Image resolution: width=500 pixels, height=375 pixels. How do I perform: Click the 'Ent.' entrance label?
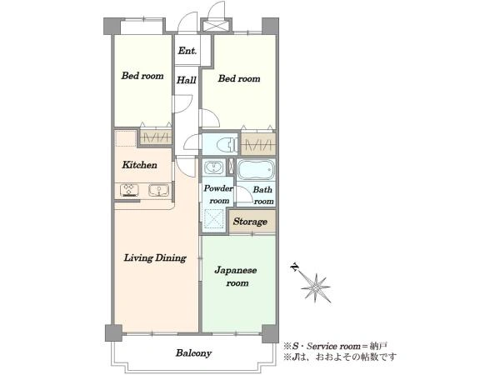[187, 51]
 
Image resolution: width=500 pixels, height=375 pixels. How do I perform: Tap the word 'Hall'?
[187, 80]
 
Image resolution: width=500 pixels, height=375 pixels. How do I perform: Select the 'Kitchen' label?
[140, 165]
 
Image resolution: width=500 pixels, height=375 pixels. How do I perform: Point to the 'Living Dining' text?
[155, 257]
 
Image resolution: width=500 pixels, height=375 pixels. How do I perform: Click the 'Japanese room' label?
[236, 277]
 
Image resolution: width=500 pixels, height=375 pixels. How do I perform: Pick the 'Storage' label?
[250, 222]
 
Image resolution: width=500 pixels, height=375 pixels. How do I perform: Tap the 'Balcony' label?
[193, 353]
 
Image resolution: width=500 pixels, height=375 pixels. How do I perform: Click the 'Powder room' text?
[218, 194]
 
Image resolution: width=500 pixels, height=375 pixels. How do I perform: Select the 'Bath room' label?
[263, 195]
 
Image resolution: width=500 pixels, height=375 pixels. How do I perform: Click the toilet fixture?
[227, 145]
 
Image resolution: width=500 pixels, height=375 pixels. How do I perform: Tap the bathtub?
[257, 170]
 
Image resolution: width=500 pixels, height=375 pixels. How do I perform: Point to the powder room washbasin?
[213, 167]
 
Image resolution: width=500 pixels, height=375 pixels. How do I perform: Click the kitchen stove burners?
[129, 190]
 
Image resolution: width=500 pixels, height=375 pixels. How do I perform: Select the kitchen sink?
[159, 190]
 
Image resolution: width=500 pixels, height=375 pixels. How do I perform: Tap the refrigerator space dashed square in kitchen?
[126, 138]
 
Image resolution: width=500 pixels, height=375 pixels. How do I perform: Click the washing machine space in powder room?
[213, 218]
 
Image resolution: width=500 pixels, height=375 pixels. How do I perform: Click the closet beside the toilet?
[258, 144]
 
